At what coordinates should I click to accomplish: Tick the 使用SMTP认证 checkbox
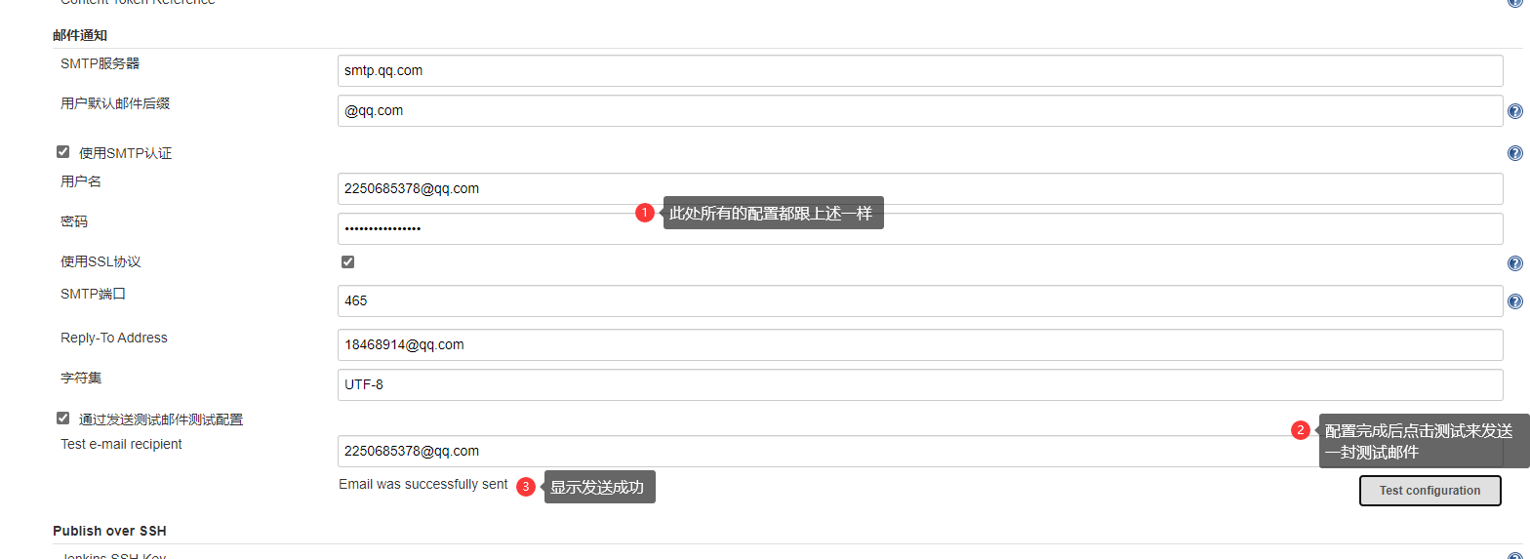pos(63,152)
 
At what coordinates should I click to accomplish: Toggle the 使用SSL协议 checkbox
pos(348,261)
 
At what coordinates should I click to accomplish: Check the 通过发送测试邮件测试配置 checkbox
pos(63,419)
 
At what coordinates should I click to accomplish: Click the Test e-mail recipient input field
pos(810,451)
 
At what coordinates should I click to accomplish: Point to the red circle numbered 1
pos(644,213)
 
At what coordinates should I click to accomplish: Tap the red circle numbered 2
pos(1300,429)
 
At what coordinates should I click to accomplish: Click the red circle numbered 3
pos(526,487)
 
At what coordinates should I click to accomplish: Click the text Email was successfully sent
pos(423,484)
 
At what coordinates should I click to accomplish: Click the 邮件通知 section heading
pos(80,35)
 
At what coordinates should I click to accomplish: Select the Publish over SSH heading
pos(109,531)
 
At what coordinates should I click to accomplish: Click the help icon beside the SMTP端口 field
pos(1514,302)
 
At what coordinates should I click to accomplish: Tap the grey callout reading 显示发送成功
pos(597,488)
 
